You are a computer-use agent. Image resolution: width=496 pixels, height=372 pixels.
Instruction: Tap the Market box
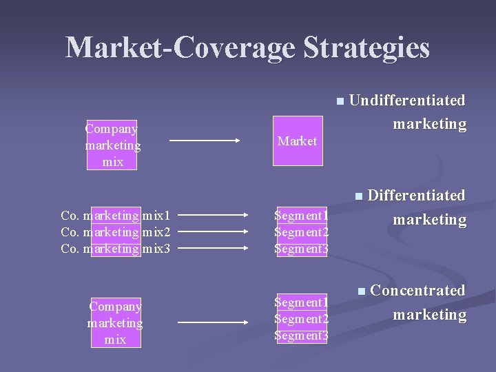click(297, 141)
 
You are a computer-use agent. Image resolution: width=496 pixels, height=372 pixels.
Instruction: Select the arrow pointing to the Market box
click(205, 141)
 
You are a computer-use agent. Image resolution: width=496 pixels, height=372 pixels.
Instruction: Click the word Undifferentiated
click(407, 101)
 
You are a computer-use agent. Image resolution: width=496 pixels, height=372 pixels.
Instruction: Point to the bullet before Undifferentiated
click(340, 102)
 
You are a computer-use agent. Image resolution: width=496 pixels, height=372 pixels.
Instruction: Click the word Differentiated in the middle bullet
click(416, 196)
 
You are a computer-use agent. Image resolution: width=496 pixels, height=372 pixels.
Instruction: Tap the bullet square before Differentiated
click(358, 197)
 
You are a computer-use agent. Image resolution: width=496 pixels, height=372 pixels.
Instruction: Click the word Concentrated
click(417, 291)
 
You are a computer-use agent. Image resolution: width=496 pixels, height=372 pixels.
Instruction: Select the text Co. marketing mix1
click(115, 216)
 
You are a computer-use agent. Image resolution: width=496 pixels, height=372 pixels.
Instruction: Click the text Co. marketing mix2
click(115, 232)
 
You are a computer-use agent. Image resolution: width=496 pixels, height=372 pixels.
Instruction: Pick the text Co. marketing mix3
click(115, 249)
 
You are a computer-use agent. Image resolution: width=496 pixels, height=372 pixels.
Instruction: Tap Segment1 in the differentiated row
click(302, 216)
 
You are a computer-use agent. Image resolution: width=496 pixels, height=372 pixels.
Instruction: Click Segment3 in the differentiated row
click(302, 249)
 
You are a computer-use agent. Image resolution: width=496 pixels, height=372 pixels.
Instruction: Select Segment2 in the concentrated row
click(302, 319)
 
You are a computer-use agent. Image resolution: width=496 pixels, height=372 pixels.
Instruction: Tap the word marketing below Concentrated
click(429, 315)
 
